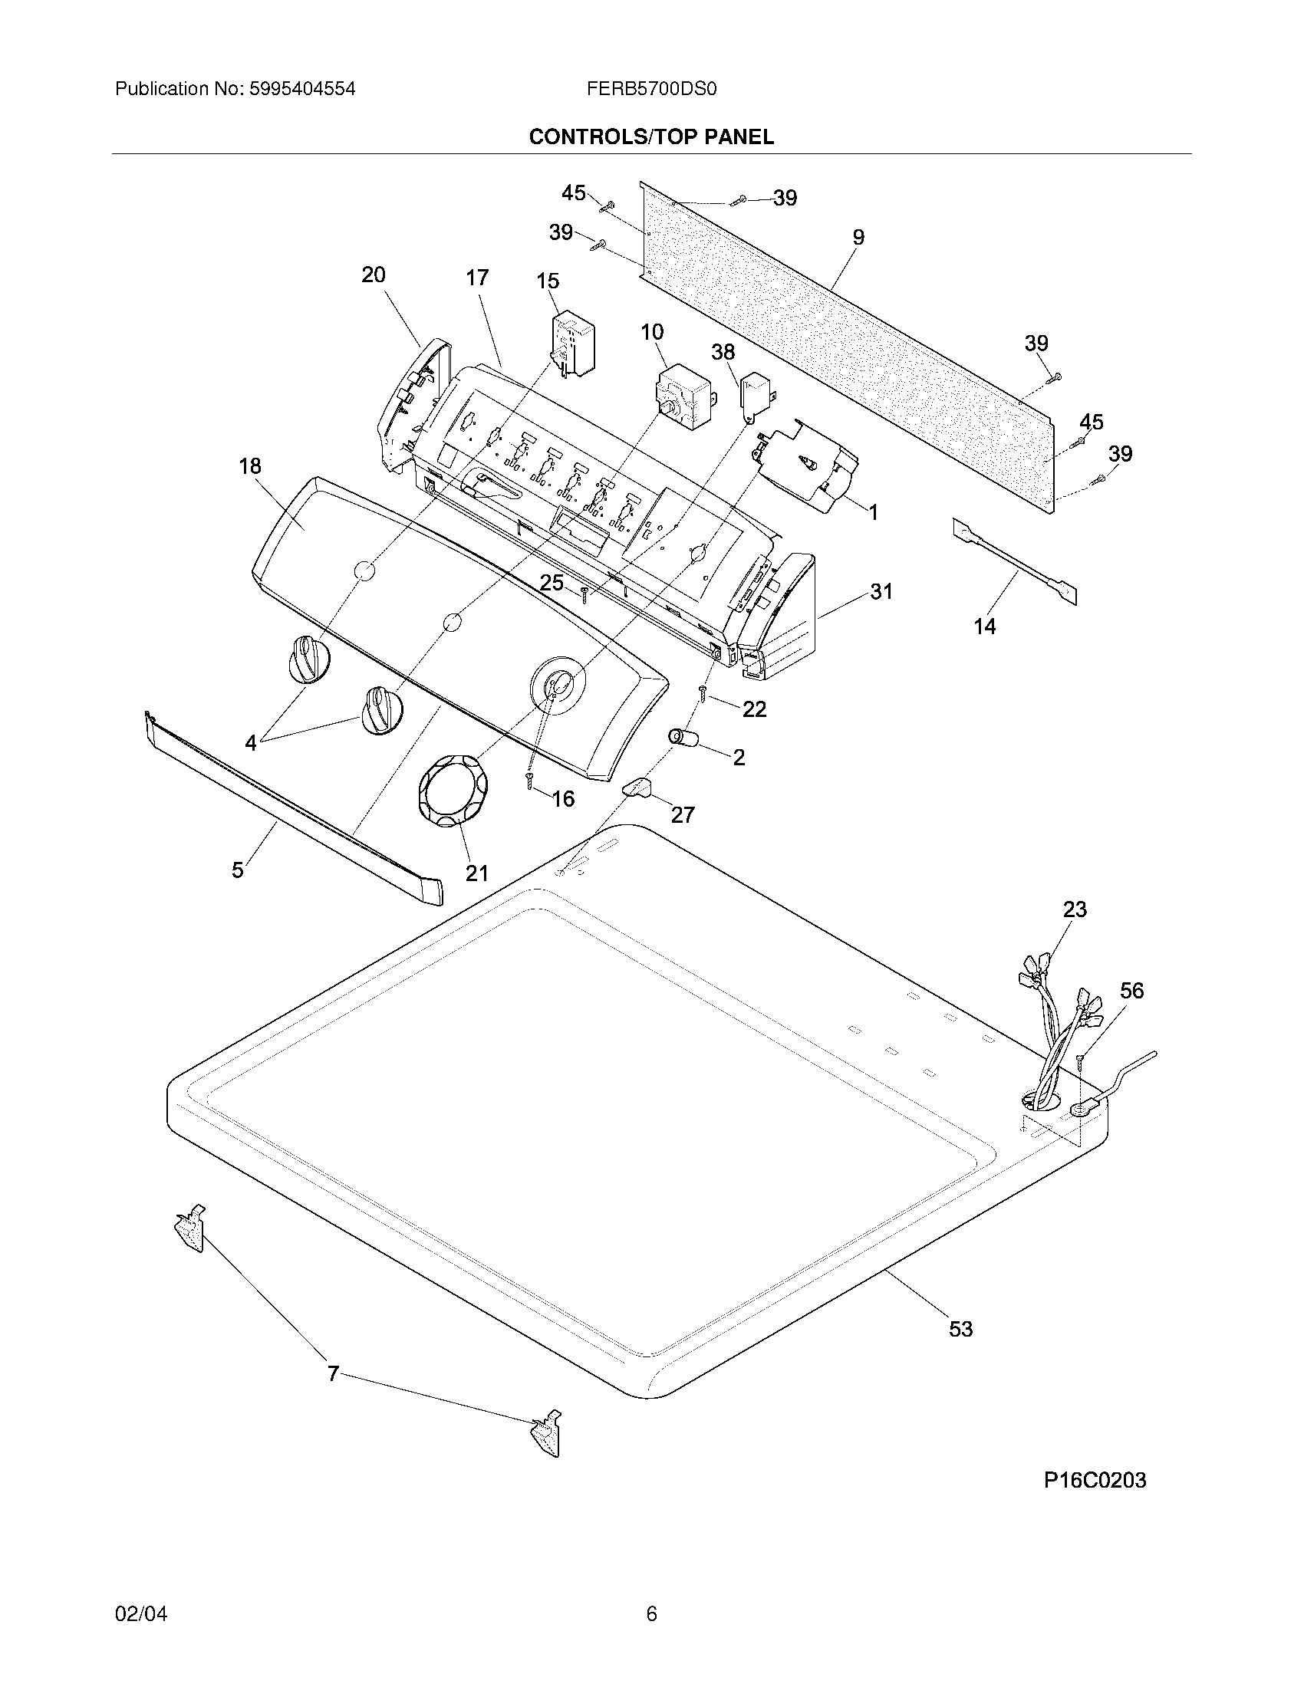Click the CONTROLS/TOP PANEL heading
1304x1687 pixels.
650,136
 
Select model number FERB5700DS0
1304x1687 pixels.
651,89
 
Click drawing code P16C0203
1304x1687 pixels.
1095,1480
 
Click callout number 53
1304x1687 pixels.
960,1330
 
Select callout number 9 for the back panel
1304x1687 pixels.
858,237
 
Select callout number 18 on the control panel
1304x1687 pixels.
250,465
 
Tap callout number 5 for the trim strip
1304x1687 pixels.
237,870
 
